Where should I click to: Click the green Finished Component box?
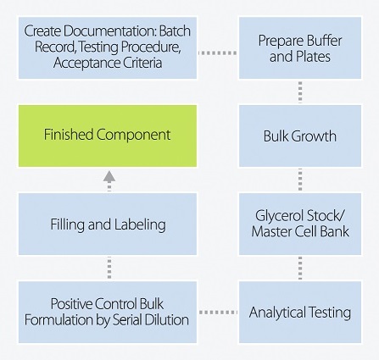click(x=108, y=136)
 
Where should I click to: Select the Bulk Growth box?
click(x=300, y=136)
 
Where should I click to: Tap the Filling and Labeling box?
click(x=108, y=224)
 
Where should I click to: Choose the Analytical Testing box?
click(x=300, y=312)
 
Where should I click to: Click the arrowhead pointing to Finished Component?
click(x=109, y=176)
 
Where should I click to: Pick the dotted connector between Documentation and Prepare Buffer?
click(x=218, y=53)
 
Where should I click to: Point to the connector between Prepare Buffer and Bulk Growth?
click(x=300, y=92)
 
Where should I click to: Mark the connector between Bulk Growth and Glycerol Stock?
click(x=300, y=180)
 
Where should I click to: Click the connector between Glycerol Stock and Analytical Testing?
click(x=300, y=268)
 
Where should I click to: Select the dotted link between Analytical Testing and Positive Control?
click(x=218, y=313)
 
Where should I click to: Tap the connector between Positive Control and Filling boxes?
click(x=109, y=268)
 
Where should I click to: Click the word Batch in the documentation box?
click(x=175, y=31)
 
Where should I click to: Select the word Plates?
click(x=314, y=56)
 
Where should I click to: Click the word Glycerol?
click(x=279, y=216)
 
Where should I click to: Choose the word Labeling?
click(x=140, y=225)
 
